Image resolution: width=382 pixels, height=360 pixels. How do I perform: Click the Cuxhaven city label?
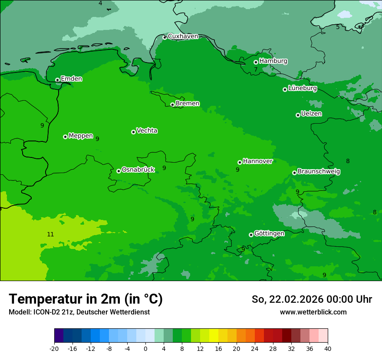point(183,36)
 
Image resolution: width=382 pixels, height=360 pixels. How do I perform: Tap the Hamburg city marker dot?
point(256,62)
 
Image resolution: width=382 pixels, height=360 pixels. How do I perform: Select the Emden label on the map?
point(71,79)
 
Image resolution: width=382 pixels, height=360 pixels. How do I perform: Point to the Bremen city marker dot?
point(172,105)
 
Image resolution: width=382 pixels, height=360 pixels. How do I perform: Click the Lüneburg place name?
point(302,88)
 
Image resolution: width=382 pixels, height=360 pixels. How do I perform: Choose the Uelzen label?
point(311,114)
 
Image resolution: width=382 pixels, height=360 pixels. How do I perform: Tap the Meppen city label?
point(81,136)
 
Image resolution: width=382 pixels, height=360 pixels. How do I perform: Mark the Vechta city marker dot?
point(133,132)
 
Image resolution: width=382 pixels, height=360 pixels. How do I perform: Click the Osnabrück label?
point(138,170)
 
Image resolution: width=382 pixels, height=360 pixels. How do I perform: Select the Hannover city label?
point(257,161)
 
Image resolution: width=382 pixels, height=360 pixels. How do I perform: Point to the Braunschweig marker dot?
point(294,173)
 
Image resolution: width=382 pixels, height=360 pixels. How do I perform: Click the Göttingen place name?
point(269,234)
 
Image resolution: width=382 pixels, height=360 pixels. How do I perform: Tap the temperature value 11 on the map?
point(50,235)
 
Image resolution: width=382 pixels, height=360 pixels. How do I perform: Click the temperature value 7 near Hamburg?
point(256,70)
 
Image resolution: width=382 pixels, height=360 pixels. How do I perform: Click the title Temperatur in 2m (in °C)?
point(86,299)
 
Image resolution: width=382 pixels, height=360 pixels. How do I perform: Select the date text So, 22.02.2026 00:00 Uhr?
point(312,299)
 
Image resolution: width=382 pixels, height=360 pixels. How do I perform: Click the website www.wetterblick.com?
point(313,312)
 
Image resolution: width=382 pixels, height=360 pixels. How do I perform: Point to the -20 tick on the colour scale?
point(54,349)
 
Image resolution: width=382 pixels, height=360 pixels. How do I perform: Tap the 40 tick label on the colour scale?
point(328,349)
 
